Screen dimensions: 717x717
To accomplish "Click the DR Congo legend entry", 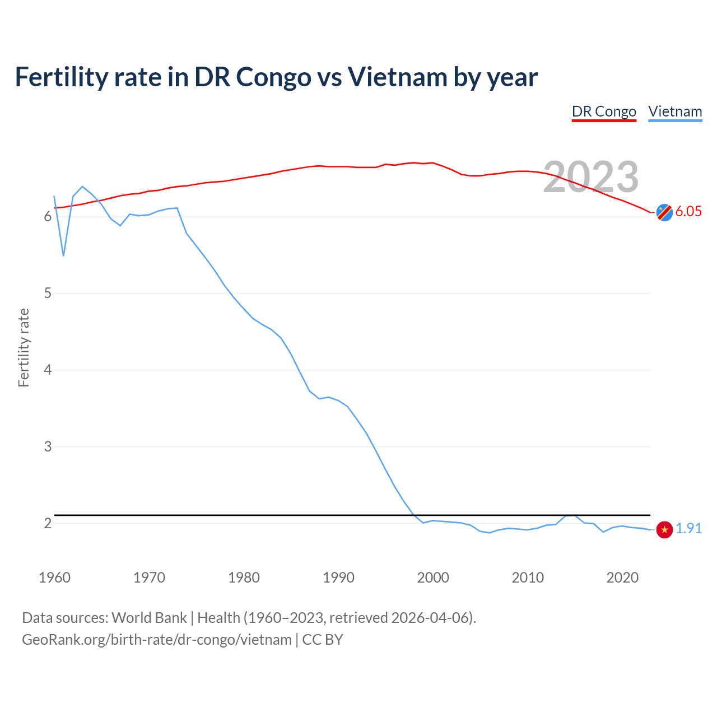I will coord(604,111).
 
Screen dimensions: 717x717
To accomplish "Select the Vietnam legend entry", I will coord(675,111).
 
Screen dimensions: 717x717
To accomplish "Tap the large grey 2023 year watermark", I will coord(591,177).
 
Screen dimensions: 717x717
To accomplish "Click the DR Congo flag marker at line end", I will coord(664,212).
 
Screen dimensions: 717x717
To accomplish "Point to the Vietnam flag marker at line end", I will coord(664,529).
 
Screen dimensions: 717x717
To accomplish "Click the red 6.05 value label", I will coord(688,211).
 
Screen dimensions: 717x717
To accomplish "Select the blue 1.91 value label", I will coord(688,528).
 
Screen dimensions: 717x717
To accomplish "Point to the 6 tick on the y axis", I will coord(48,217).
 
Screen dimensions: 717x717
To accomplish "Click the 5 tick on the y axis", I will coord(48,294).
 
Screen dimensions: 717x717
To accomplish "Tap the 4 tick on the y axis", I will coord(48,370).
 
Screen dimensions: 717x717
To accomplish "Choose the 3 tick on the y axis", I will coord(48,446).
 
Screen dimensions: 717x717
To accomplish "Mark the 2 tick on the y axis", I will coord(48,523).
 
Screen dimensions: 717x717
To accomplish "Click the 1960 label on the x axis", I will coord(54,578).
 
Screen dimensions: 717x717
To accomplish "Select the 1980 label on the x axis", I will coord(244,578).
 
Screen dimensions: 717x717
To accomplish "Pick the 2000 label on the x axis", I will coord(433,578).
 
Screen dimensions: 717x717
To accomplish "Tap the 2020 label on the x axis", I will coord(622,578).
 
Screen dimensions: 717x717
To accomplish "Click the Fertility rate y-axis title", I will coord(24,347).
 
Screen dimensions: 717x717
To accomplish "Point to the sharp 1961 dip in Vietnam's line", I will coord(63,255).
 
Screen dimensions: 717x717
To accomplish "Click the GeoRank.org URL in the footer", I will coord(157,640).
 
